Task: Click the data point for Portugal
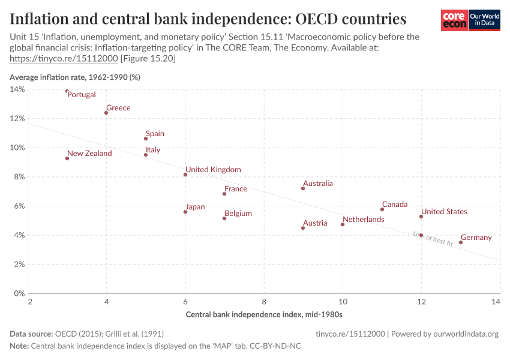[x=67, y=91]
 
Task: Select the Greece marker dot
[x=106, y=113]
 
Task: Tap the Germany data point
[x=461, y=242]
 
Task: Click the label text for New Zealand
[x=89, y=154]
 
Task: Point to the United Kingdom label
[x=213, y=170]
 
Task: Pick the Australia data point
[x=303, y=188]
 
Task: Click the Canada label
[x=395, y=205]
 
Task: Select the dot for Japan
[x=185, y=212]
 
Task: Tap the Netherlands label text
[x=363, y=220]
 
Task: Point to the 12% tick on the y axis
[x=17, y=118]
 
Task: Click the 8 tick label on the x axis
[x=264, y=302]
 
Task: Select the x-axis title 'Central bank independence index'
[x=264, y=314]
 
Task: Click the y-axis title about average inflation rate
[x=75, y=77]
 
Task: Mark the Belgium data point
[x=224, y=218]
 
